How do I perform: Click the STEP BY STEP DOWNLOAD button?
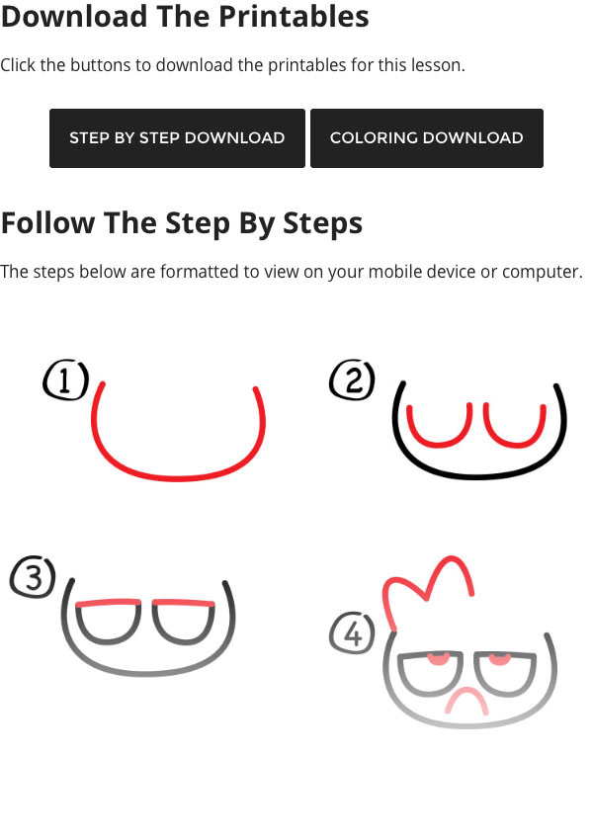click(x=177, y=138)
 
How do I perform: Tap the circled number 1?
click(x=65, y=379)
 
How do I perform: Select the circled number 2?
click(x=352, y=379)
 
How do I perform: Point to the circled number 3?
click(x=34, y=577)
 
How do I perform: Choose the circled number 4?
click(x=352, y=633)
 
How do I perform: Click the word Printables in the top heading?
click(x=294, y=16)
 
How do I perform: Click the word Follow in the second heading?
click(x=48, y=222)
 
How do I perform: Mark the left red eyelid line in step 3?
click(x=109, y=603)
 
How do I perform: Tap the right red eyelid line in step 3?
click(x=184, y=603)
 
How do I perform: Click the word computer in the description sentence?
click(x=542, y=273)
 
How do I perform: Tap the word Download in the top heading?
click(x=74, y=16)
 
